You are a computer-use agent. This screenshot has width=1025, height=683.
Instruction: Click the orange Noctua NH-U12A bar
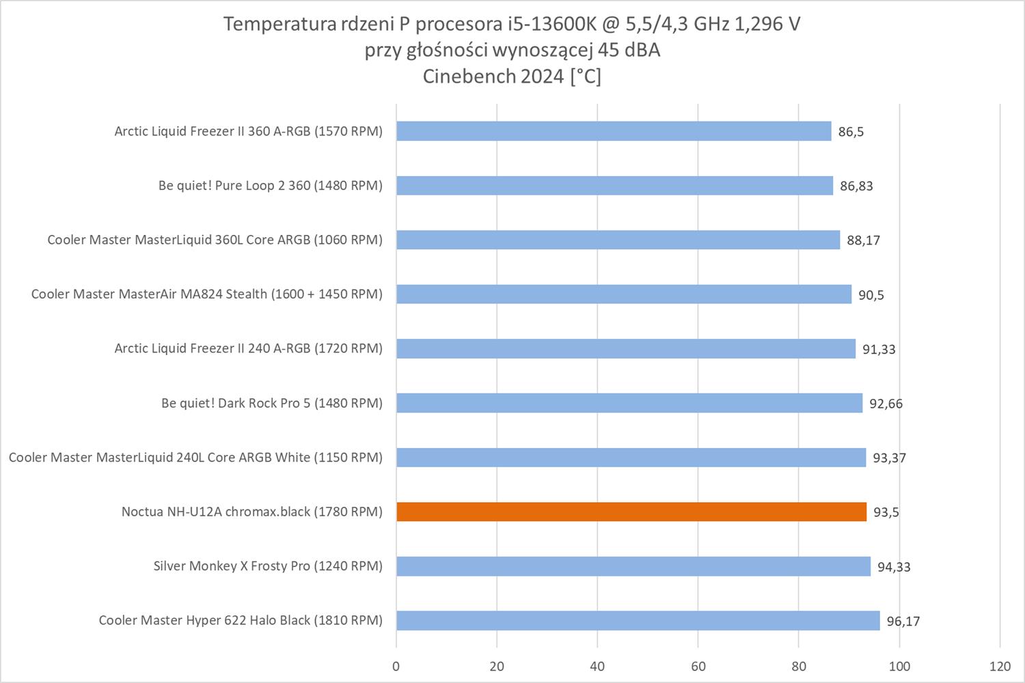click(x=631, y=512)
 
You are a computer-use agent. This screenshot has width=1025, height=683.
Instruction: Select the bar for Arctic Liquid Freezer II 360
click(x=614, y=131)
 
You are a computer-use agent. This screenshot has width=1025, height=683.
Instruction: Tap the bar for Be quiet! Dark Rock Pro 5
click(x=629, y=403)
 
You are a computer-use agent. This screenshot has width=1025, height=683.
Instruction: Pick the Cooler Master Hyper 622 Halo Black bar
click(x=638, y=620)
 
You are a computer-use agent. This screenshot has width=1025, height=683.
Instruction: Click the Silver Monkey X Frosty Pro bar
click(x=633, y=566)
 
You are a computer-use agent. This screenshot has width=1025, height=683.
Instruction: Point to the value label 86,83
click(x=856, y=186)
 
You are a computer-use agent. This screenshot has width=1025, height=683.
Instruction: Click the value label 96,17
click(x=903, y=621)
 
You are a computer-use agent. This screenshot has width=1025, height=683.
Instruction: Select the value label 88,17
click(x=863, y=240)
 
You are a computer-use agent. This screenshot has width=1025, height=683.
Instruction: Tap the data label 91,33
click(x=879, y=349)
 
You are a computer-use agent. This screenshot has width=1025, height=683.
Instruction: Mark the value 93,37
click(x=889, y=458)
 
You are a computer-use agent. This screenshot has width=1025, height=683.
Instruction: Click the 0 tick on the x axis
click(x=396, y=667)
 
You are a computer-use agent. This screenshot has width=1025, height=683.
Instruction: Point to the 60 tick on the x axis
click(x=698, y=667)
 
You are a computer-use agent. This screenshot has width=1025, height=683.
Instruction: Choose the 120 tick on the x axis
click(x=1000, y=667)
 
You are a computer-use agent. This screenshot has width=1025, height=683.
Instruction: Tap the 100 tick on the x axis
click(x=899, y=667)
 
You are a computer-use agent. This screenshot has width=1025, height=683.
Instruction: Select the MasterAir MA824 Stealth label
click(x=206, y=294)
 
